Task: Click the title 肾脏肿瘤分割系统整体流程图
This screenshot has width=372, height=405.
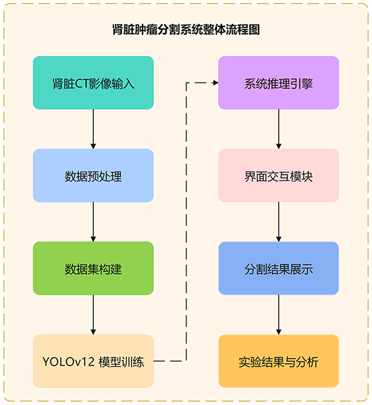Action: click(186, 29)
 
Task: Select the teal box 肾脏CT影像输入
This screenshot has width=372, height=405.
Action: click(93, 83)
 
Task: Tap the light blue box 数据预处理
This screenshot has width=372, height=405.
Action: click(93, 176)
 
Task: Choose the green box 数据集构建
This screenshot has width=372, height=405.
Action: click(93, 269)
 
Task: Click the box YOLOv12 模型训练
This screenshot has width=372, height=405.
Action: click(93, 361)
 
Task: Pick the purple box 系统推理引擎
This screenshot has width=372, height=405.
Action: click(279, 83)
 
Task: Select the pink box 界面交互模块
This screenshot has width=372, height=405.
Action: click(279, 176)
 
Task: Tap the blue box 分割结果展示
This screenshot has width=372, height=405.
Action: click(279, 269)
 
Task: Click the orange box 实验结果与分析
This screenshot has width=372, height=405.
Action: click(279, 361)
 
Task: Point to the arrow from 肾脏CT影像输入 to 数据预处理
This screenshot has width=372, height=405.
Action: click(93, 129)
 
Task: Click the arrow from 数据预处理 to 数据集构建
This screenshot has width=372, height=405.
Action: click(93, 222)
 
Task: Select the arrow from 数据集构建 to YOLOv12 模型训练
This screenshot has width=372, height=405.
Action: click(93, 314)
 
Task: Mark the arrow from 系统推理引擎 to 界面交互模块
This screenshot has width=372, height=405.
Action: click(279, 129)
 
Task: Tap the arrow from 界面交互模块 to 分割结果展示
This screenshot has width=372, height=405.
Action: click(279, 222)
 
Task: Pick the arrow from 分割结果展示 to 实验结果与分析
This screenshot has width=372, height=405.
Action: click(279, 314)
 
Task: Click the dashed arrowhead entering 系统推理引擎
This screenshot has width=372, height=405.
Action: click(215, 83)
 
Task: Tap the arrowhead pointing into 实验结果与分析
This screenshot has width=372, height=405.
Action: click(279, 331)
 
